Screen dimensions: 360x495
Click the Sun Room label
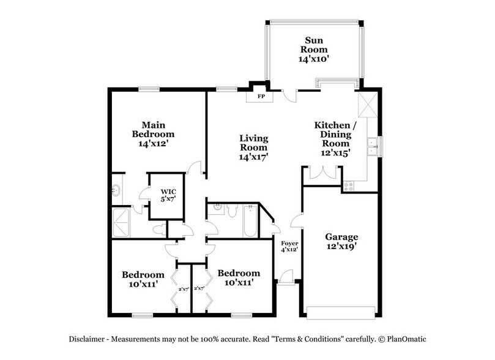[x=313, y=48]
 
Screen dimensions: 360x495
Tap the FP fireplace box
[x=259, y=96]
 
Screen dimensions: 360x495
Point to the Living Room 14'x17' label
[x=253, y=147]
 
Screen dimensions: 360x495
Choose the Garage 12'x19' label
[x=342, y=241]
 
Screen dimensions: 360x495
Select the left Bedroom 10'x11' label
[x=143, y=279]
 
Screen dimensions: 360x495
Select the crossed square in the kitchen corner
[x=366, y=105]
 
